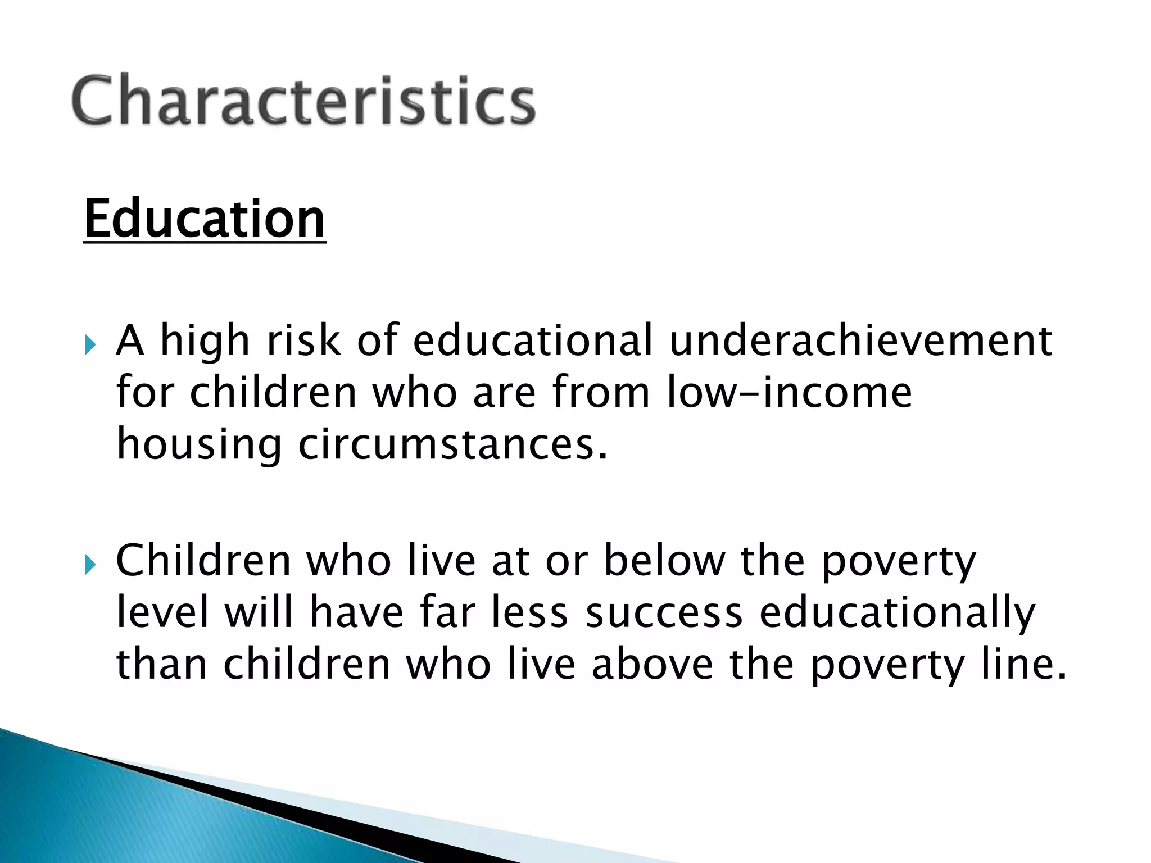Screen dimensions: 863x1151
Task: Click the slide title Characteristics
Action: click(x=303, y=100)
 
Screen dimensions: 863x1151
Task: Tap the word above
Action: click(x=652, y=664)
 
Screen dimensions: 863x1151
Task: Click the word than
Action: click(x=162, y=664)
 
